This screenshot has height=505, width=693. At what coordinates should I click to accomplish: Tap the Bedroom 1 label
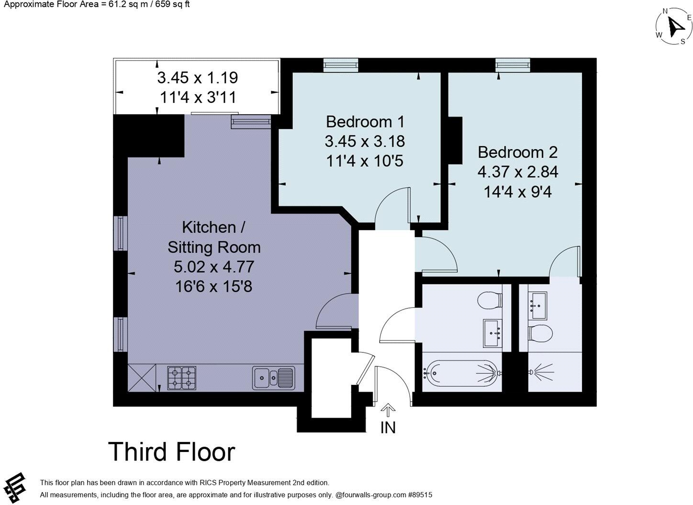[365, 121]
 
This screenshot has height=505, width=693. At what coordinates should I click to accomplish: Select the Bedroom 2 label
[518, 152]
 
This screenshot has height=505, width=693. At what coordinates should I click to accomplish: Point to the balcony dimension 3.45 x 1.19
[197, 77]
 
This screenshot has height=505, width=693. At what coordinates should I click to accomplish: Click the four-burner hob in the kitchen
[182, 377]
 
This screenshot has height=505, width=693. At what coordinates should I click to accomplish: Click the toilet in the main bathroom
[490, 300]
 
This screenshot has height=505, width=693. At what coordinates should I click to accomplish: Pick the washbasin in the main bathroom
[492, 332]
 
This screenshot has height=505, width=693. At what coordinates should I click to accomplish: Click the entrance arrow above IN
[388, 409]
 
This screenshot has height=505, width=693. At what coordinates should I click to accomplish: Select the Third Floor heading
[172, 452]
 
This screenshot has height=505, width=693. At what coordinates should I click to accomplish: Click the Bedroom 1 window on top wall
[341, 65]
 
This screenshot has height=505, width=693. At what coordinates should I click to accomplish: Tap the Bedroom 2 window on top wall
[513, 65]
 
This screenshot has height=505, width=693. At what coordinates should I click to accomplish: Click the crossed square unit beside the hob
[142, 377]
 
